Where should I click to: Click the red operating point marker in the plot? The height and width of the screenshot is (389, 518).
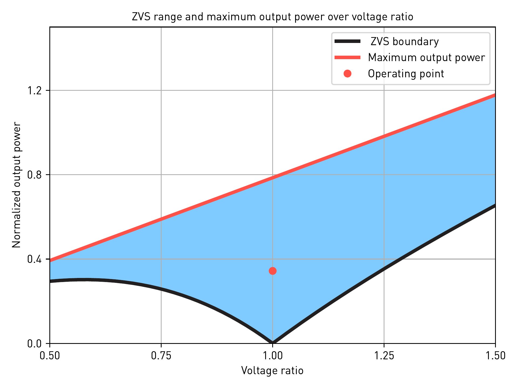272,271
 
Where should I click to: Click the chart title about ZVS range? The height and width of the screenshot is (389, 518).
272,17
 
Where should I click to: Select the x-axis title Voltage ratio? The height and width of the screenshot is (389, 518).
272,370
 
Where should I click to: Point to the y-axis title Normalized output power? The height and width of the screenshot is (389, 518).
16,185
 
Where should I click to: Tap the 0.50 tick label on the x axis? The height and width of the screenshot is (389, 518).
50,356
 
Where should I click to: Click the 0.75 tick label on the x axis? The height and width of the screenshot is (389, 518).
161,356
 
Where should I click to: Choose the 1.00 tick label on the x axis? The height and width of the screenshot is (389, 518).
272,356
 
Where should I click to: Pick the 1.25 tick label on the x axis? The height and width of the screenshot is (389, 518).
384,356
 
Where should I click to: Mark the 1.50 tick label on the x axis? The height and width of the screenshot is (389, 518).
495,356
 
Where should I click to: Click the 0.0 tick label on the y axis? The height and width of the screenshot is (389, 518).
34,344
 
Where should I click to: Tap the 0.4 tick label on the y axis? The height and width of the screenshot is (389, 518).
34,259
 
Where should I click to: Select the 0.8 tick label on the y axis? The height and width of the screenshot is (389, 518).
34,175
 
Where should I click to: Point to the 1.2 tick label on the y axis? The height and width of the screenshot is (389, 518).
34,90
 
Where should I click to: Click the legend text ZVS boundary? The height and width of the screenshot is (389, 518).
404,42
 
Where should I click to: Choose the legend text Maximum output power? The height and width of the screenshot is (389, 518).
426,58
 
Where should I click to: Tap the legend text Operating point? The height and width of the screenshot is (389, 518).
406,74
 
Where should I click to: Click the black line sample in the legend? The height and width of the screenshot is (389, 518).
347,41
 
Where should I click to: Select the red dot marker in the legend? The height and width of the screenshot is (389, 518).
347,73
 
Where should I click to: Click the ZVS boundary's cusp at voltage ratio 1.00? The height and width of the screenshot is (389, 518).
272,342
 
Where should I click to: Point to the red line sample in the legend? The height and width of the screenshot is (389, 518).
347,57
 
